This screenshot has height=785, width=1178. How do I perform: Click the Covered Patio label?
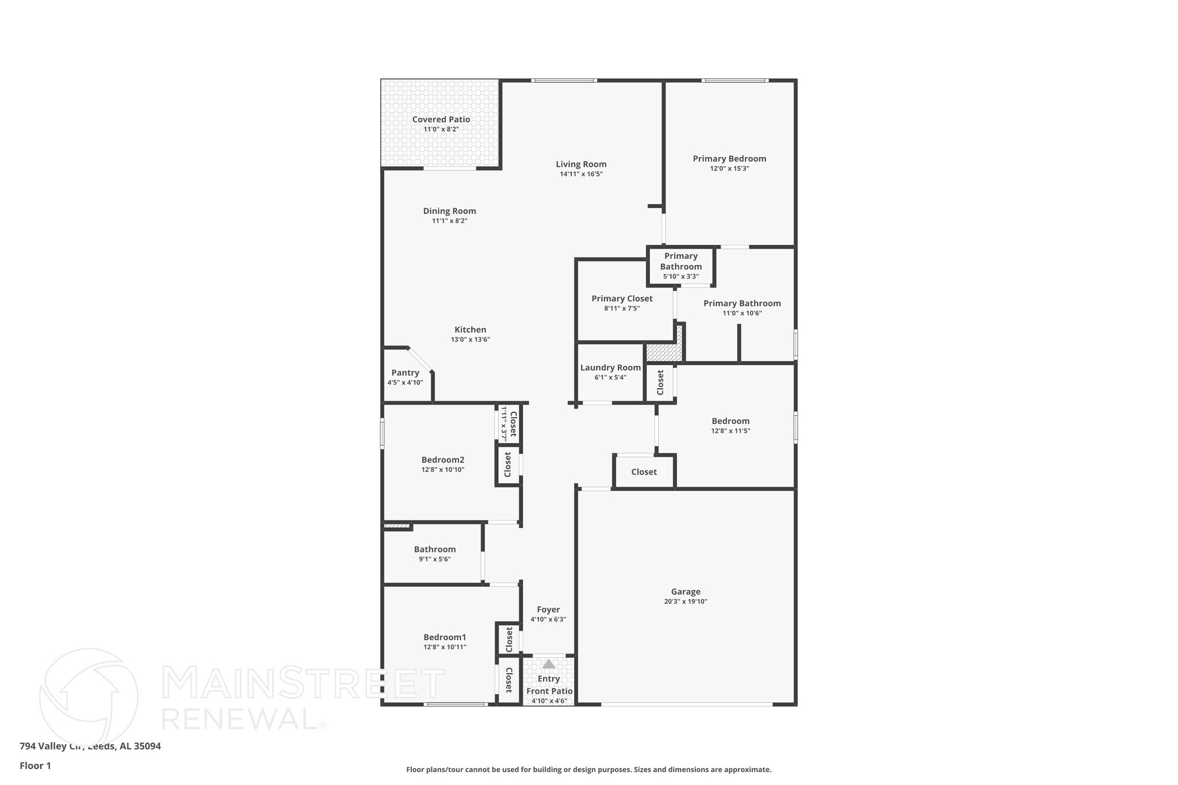[x=441, y=120]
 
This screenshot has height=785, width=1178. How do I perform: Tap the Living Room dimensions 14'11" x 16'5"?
[x=581, y=174]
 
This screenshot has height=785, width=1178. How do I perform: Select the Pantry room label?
[x=405, y=373]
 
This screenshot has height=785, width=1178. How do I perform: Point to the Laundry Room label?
[x=610, y=367]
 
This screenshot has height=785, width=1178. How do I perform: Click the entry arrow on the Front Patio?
[x=549, y=664]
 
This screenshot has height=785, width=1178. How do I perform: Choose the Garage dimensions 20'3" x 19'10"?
[x=685, y=602]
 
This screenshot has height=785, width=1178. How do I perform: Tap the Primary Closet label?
[x=622, y=298]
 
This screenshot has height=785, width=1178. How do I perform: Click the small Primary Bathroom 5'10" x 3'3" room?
[x=680, y=266]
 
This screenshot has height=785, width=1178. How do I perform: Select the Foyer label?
[x=548, y=610]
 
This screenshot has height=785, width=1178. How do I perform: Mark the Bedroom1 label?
[x=445, y=637]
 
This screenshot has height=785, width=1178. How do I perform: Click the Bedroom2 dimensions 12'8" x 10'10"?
[x=442, y=470]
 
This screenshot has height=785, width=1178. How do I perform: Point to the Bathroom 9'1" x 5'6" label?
[x=434, y=549]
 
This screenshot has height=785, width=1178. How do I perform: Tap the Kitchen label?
[x=470, y=330]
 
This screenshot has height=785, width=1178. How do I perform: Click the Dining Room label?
[x=449, y=211]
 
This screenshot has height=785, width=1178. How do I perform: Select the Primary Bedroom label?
[x=729, y=159]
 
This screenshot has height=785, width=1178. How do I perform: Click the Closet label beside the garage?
[x=644, y=472]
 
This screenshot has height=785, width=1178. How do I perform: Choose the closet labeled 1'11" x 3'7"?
[x=509, y=424]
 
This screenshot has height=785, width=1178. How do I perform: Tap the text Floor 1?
[x=35, y=765]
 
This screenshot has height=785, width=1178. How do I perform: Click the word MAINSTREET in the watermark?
[x=303, y=683]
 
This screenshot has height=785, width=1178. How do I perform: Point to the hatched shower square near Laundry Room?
[x=663, y=352]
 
